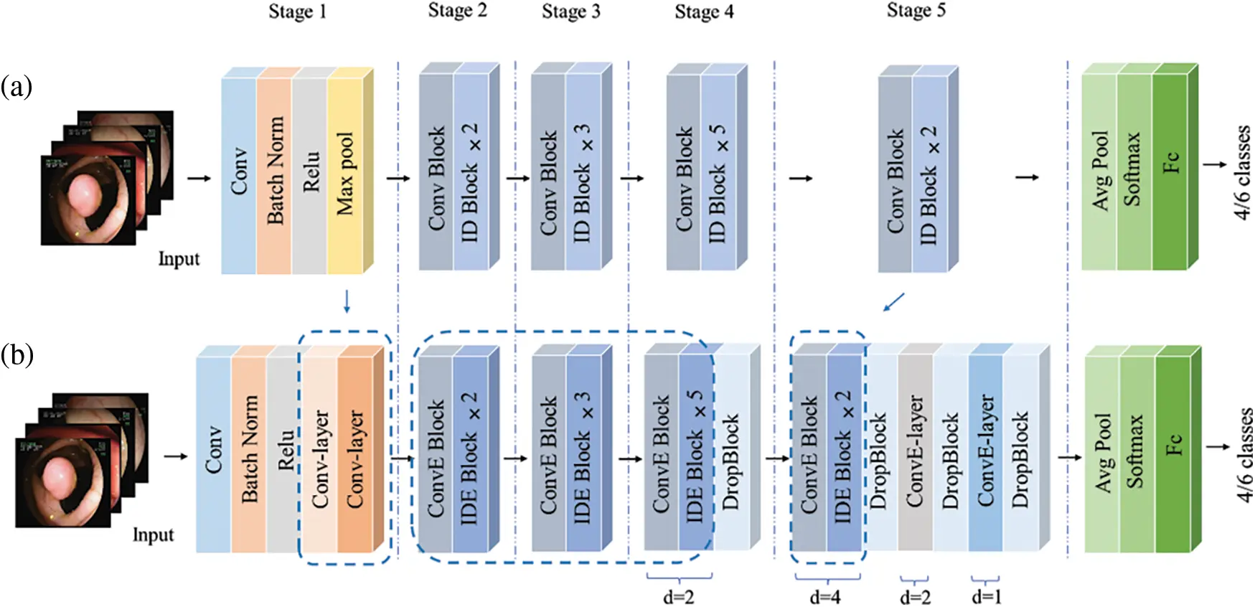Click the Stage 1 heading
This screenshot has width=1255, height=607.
[x=297, y=12]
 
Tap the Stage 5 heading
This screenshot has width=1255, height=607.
[x=916, y=11]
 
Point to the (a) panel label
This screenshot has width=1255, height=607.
[x=16, y=87]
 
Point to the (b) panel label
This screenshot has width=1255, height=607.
[x=17, y=355]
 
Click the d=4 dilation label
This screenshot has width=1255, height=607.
[x=825, y=596]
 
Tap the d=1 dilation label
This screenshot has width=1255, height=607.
[x=986, y=596]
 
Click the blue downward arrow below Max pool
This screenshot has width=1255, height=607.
[x=347, y=301]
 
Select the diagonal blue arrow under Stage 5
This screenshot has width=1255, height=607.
[x=893, y=302]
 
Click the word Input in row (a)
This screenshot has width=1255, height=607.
[x=179, y=259]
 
